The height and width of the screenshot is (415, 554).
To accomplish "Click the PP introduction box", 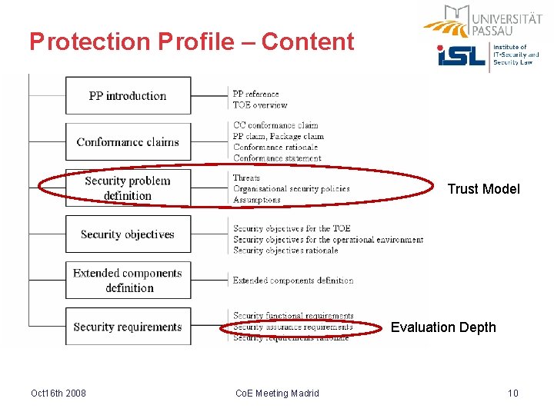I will pyautogui.click(x=128, y=96).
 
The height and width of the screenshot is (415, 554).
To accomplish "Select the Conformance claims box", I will pyautogui.click(x=128, y=142).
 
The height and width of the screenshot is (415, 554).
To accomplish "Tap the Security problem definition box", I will pyautogui.click(x=128, y=188).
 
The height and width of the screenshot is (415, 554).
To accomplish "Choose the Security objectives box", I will pyautogui.click(x=128, y=234).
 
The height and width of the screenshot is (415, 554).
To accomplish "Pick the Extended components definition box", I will pyautogui.click(x=128, y=281).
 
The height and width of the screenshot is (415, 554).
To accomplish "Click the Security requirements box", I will pyautogui.click(x=128, y=327).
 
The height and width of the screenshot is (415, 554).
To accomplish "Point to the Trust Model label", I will pyautogui.click(x=483, y=189).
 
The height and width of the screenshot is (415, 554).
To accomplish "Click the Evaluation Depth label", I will pyautogui.click(x=443, y=327).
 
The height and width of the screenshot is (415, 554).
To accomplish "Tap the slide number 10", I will pyautogui.click(x=513, y=393).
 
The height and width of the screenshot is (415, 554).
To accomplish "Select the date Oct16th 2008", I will pyautogui.click(x=58, y=393).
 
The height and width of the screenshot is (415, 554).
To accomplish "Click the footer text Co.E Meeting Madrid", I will pyautogui.click(x=277, y=393).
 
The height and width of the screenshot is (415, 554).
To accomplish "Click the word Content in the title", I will pyautogui.click(x=308, y=41).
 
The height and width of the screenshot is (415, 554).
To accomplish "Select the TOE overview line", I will pyautogui.click(x=260, y=105).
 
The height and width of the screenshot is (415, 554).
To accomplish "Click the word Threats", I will pyautogui.click(x=246, y=178).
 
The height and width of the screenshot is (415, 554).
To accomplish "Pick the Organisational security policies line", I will pyautogui.click(x=291, y=188).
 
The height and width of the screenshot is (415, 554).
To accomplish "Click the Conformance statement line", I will pyautogui.click(x=277, y=158).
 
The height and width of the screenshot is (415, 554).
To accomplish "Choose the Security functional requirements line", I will pyautogui.click(x=293, y=316).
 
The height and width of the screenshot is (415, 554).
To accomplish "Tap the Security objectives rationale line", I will pyautogui.click(x=285, y=251).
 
